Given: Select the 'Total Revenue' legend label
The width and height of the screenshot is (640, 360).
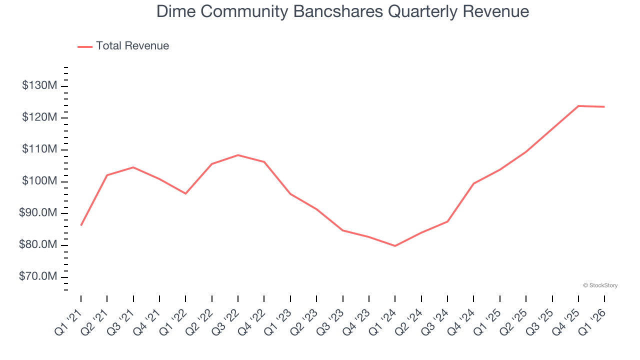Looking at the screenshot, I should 132,46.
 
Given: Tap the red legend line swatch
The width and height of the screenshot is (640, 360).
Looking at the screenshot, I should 85,46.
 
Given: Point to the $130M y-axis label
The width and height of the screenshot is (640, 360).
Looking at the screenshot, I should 39,86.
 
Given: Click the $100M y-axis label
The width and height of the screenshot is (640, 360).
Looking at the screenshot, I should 39,181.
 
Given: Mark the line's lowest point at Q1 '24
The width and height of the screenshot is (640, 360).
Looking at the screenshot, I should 395,246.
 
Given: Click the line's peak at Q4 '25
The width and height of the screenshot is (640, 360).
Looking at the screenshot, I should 578,106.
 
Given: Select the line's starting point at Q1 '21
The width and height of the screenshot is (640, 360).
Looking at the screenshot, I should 81,225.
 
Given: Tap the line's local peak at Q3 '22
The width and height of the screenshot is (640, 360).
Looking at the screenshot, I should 238,155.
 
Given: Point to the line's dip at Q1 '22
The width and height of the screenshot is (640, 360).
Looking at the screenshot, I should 185,193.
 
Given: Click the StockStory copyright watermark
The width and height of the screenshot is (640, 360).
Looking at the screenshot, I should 600,285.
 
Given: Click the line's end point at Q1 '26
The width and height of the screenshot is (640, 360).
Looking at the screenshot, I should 604,106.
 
